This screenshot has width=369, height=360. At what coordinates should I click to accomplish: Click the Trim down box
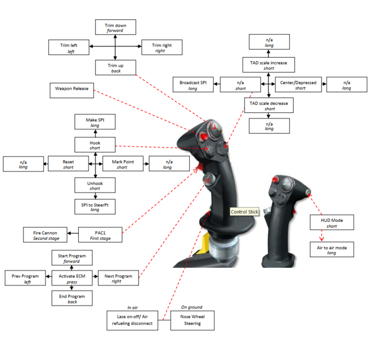click(115, 27)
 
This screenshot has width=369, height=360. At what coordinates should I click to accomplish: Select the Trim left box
click(69, 48)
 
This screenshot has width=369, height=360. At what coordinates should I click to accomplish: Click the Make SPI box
click(95, 122)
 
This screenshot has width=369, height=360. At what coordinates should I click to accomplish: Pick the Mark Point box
click(122, 164)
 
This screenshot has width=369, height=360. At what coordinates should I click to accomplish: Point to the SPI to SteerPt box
click(95, 206)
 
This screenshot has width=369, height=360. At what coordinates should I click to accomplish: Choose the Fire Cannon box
click(46, 235)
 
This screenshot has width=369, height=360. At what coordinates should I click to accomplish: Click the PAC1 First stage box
click(101, 235)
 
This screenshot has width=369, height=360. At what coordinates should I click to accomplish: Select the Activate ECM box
click(71, 279)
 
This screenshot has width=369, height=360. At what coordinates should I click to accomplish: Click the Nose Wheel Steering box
click(192, 320)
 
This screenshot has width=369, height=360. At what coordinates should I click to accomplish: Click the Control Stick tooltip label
click(244, 212)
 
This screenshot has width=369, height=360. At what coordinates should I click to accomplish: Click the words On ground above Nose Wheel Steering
click(191, 307)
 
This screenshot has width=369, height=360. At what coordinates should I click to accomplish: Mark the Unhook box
click(95, 185)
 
